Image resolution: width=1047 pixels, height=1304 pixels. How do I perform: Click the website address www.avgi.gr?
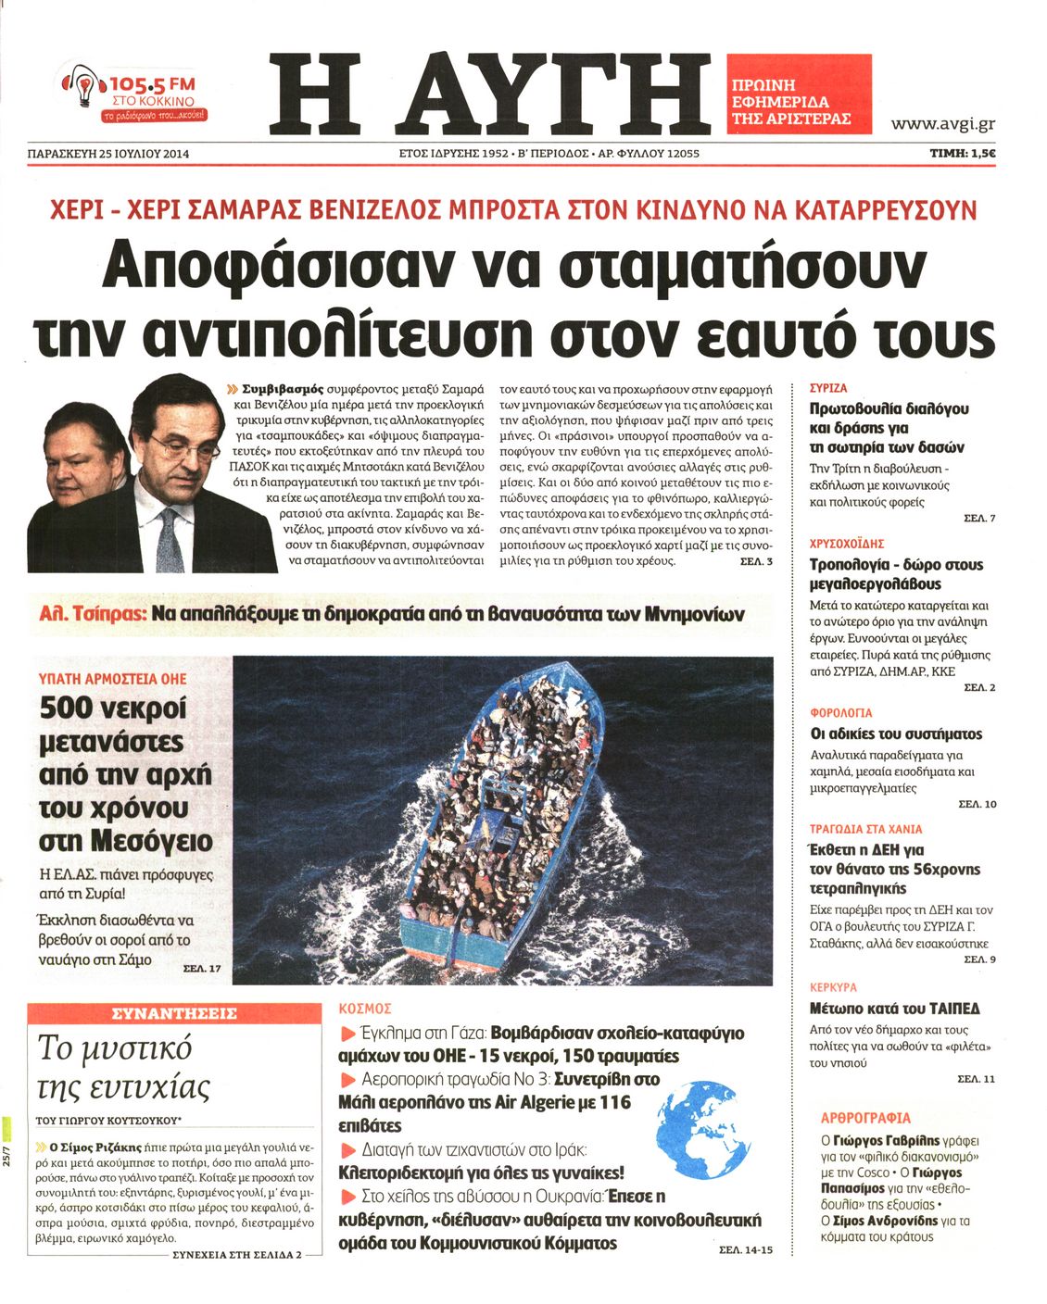pos(942,123)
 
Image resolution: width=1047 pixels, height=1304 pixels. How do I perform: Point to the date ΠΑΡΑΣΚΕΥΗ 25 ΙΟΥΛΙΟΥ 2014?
pos(108,154)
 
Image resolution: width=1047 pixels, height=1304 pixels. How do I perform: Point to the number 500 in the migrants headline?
pos(66,709)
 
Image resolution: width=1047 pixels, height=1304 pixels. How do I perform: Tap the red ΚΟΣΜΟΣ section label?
pos(366,1008)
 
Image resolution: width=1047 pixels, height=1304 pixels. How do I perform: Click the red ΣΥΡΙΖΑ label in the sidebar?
pos(827,388)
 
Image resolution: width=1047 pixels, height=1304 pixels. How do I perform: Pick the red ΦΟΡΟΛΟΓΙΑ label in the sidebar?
pos(840,713)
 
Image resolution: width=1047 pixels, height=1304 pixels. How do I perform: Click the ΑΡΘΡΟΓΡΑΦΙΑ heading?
pos(865,1118)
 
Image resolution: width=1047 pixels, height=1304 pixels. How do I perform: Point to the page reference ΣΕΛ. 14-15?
pos(745,1250)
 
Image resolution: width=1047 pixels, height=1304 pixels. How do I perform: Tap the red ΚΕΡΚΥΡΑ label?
pos(833,987)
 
